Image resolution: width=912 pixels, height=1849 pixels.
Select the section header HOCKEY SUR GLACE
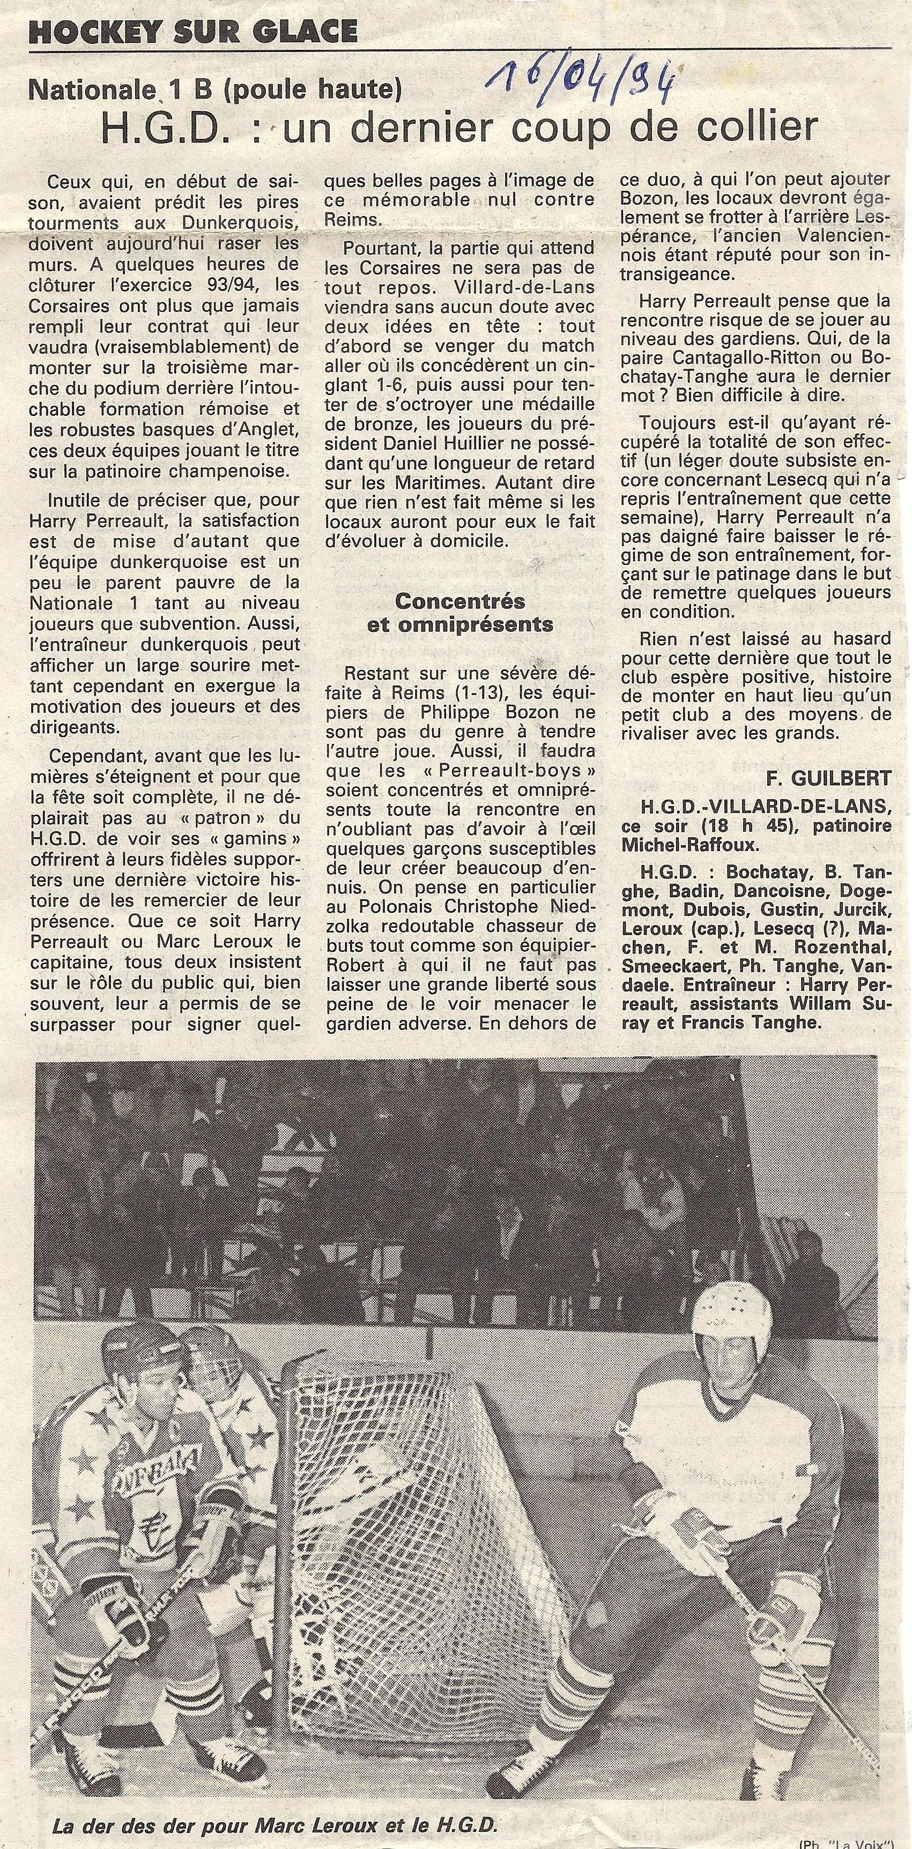(193, 31)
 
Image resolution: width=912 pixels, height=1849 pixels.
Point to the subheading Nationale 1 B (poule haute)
(214, 89)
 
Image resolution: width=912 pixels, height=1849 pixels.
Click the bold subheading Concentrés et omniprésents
(459, 612)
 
